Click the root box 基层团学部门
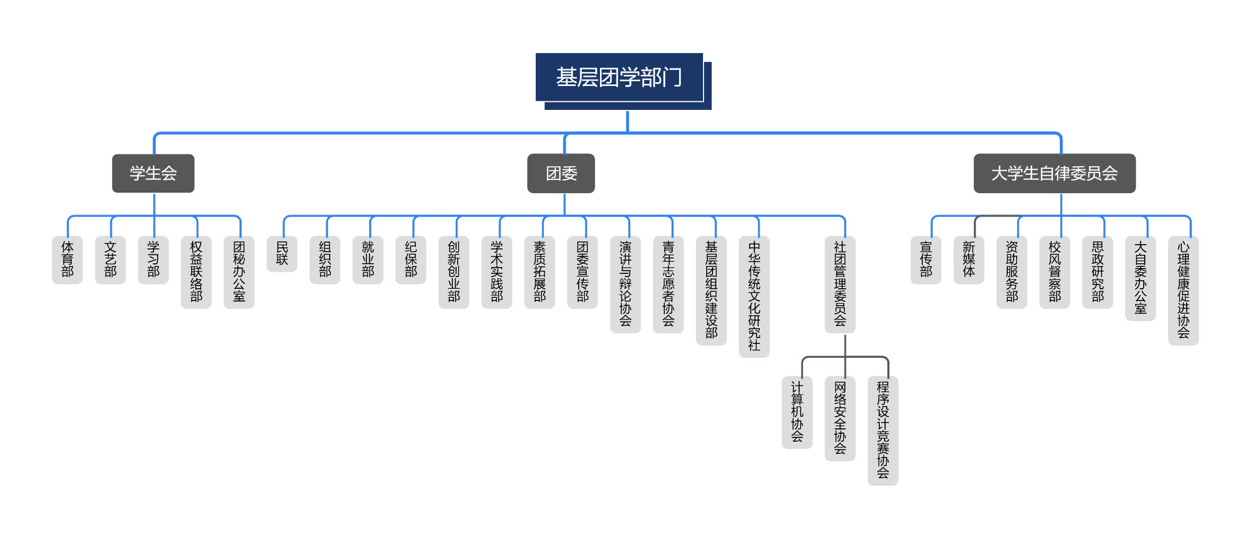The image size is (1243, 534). [x=619, y=77]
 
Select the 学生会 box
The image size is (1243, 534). [x=153, y=174]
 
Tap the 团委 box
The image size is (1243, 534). [x=561, y=174]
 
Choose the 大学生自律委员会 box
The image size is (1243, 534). [x=1054, y=174]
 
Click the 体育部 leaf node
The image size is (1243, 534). [x=67, y=260]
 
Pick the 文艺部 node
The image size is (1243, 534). [x=110, y=260]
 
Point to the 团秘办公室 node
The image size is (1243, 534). [x=239, y=272]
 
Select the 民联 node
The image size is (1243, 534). [x=282, y=254]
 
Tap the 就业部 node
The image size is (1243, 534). [x=368, y=260]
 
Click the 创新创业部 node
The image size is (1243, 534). [x=453, y=272]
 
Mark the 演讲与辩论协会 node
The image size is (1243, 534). [x=625, y=284]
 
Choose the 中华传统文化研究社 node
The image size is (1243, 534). [x=754, y=296]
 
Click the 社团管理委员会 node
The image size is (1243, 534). [x=840, y=284]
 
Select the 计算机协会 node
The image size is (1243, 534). [x=797, y=412]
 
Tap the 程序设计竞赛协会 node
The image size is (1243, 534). [x=882, y=430]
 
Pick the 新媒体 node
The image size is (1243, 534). [x=968, y=260]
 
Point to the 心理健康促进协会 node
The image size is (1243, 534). [x=1183, y=290]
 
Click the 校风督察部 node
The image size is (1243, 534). [x=1055, y=272]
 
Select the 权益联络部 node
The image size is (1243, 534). [x=196, y=272]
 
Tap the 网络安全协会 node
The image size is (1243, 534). [x=840, y=418]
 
